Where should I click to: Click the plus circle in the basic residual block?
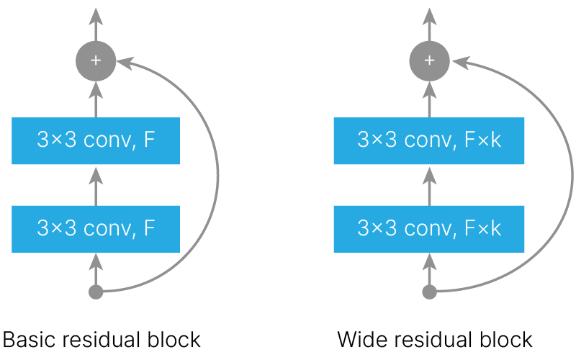point(95,60)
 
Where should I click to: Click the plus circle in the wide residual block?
point(429,60)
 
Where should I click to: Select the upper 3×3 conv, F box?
point(95,140)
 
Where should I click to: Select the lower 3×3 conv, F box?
point(95,228)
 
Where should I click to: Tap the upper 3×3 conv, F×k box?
point(429,140)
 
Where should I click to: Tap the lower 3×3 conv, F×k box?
point(429,228)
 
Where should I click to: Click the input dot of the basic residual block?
point(95,292)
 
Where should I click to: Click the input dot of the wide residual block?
point(429,292)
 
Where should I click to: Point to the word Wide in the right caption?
point(358,340)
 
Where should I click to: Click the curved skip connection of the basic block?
point(217,176)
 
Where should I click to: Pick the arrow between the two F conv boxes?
point(95,184)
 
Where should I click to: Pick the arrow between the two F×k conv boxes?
point(429,184)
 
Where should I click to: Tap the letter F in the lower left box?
point(149,228)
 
